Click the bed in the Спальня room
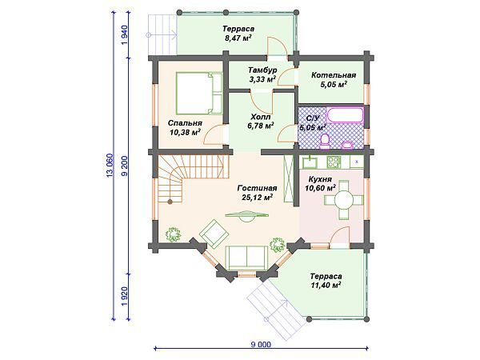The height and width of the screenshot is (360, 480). coord(199,93)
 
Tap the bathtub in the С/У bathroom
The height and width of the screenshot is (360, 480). coord(345,115)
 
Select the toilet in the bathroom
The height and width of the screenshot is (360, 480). coord(325,142)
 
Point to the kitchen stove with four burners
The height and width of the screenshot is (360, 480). coord(334,162)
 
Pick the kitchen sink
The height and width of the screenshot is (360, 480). coord(310,162)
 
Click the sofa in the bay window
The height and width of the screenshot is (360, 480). coord(246,258)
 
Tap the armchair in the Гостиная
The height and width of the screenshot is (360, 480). coord(214,234)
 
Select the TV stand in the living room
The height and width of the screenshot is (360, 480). coord(247,215)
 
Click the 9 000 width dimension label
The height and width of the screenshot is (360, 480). coord(261,345)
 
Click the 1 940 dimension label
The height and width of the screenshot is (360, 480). coord(125,35)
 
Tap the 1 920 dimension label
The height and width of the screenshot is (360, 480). coord(125,297)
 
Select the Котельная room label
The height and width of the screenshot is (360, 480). coord(334,75)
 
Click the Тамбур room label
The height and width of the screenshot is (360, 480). coord(262,70)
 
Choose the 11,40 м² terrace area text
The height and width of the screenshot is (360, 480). coord(326,286)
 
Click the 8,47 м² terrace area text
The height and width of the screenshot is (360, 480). coord(238,38)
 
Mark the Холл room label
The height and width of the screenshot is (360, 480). coord(261,117)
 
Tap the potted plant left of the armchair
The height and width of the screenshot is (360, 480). coord(174,234)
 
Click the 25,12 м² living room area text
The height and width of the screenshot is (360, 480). coord(258,198)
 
